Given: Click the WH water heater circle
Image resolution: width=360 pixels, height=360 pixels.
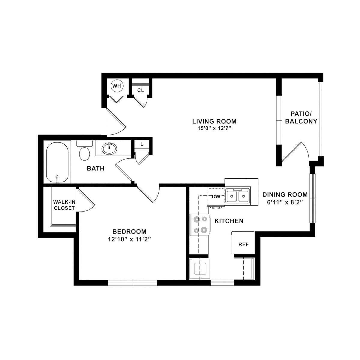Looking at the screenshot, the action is [117, 86].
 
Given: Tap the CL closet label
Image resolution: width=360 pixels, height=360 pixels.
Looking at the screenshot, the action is [141, 90].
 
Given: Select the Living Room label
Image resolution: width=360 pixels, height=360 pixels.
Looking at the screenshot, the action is [214, 121].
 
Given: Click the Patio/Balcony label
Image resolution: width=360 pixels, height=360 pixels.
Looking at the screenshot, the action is [301, 118].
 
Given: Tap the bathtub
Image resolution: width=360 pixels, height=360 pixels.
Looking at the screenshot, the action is [57, 162].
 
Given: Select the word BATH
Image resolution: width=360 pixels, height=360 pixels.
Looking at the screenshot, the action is [96, 169].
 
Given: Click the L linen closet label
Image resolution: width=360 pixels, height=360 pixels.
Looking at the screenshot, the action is [142, 144].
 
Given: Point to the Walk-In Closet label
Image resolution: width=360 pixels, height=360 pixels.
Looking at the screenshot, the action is [64, 205].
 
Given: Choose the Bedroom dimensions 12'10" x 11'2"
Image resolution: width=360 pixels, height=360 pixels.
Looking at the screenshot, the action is [129, 239].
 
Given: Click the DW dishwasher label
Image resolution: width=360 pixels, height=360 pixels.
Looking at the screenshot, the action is [216, 196].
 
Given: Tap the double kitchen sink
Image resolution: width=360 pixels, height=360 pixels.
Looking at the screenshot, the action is [238, 196].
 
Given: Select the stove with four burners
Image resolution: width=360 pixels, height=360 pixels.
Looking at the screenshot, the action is [200, 225].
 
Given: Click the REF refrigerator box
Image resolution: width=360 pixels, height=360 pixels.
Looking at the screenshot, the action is [243, 243].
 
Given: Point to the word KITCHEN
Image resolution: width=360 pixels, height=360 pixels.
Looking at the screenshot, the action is [229, 221].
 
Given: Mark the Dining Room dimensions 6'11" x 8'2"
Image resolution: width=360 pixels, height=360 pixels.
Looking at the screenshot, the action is [285, 202].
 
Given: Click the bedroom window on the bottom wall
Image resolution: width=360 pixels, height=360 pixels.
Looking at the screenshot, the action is [133, 283].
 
